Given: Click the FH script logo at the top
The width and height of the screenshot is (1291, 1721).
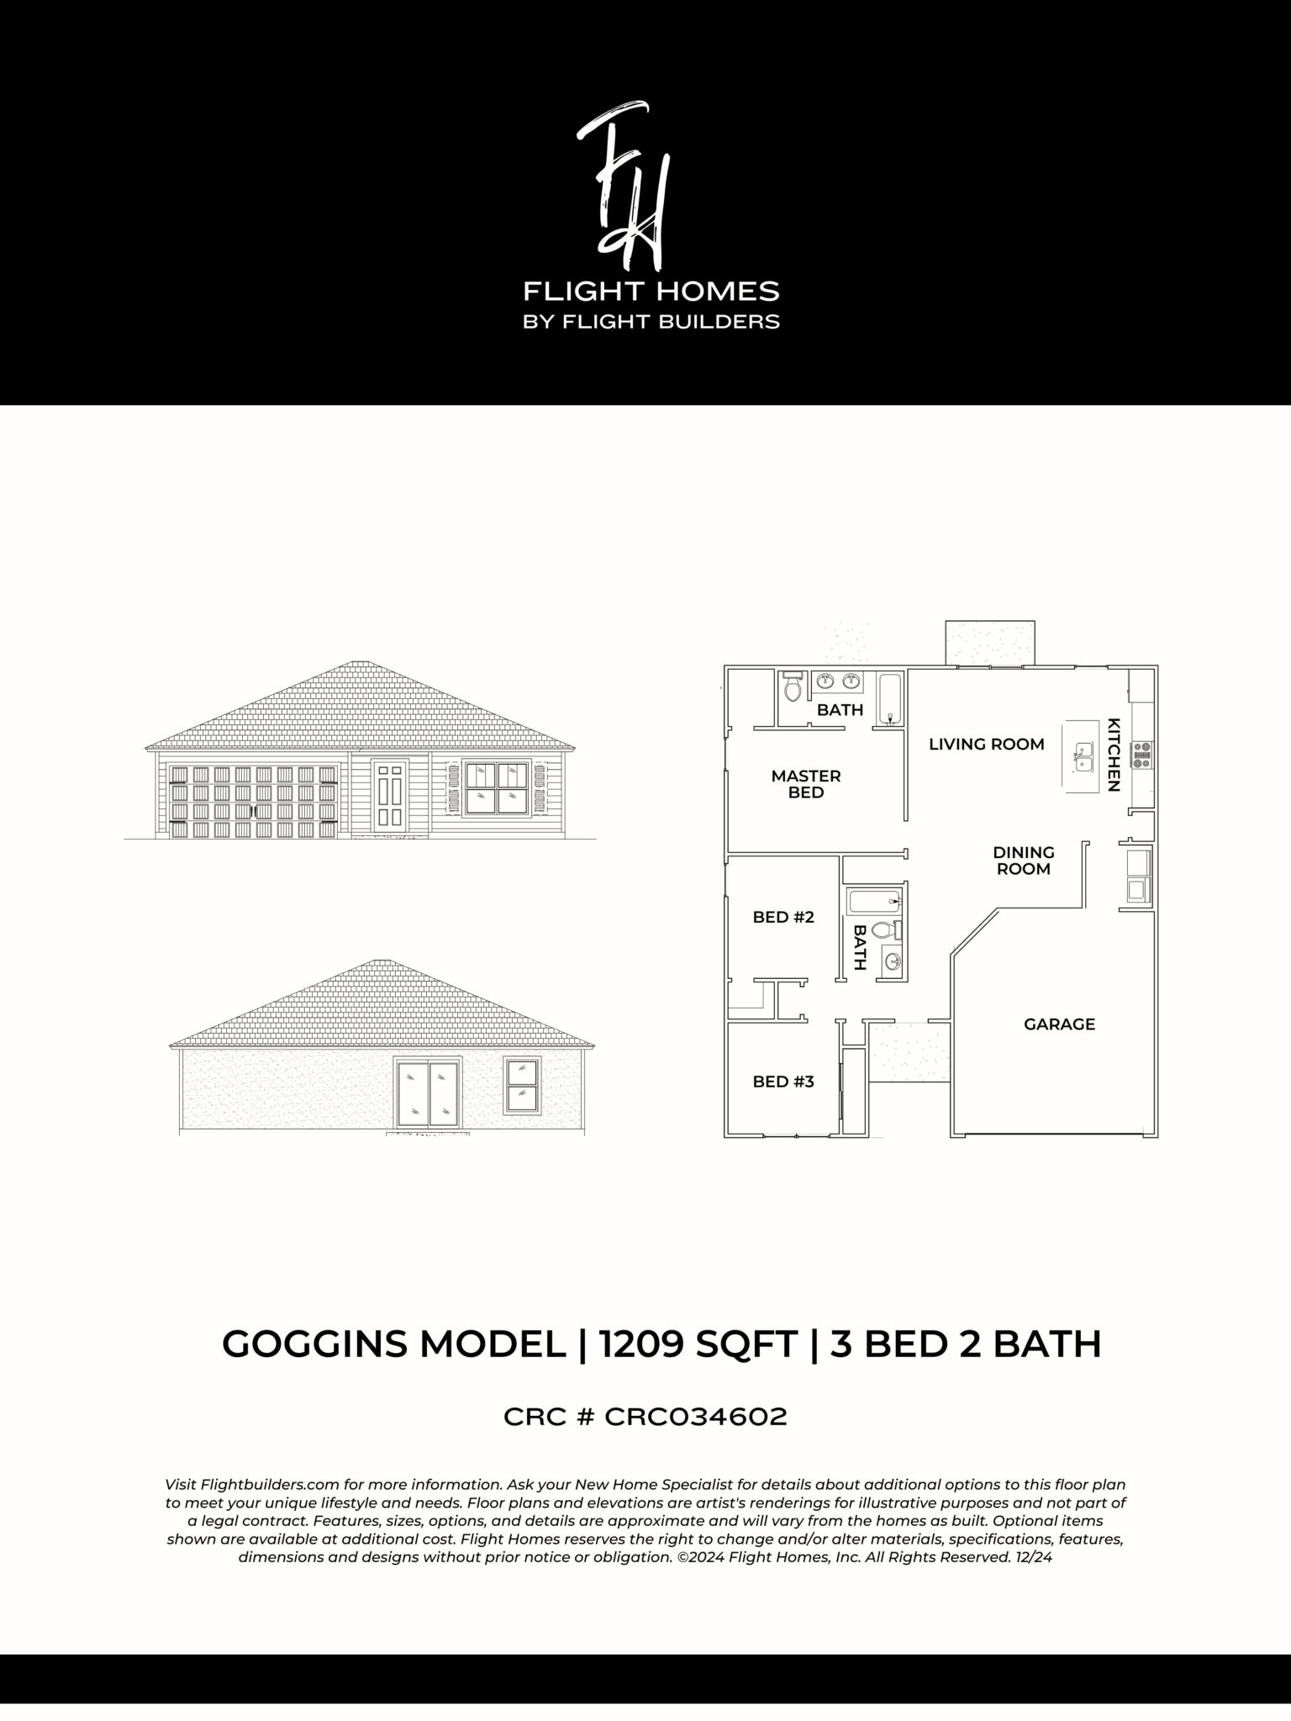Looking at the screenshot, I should (x=624, y=182).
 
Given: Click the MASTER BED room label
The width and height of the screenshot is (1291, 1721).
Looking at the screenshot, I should (x=805, y=784).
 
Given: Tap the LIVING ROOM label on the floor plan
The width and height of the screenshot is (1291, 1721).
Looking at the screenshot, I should (x=986, y=744).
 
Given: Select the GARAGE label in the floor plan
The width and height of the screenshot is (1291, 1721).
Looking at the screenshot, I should (x=1059, y=1024).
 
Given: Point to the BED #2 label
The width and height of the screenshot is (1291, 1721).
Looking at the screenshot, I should (x=783, y=917).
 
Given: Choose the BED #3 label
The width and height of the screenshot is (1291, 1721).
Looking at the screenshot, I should (x=783, y=1082).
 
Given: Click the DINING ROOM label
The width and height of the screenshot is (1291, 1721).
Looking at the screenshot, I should (x=1023, y=860).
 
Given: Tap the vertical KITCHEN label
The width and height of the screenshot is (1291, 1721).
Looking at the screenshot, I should (x=1114, y=754).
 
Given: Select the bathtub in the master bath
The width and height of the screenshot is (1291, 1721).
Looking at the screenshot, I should (x=890, y=699).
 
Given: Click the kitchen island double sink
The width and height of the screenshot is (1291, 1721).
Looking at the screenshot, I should (x=1083, y=756).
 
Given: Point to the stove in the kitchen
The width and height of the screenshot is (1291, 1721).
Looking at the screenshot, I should (x=1141, y=755).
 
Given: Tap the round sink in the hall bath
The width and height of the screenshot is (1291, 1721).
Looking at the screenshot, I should (x=891, y=962).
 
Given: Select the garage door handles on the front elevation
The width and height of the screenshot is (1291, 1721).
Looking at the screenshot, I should (x=252, y=811).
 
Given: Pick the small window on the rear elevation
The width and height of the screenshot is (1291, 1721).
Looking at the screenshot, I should (x=522, y=1085).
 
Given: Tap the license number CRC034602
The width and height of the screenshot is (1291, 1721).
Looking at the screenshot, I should (x=696, y=1417).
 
